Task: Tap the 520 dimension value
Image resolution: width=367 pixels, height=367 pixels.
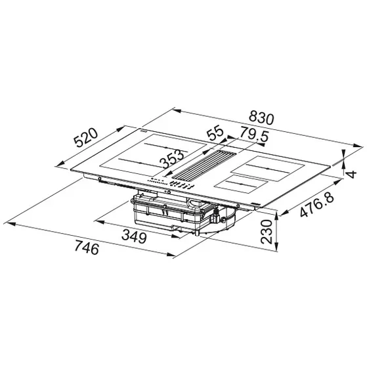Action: point(85,139)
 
